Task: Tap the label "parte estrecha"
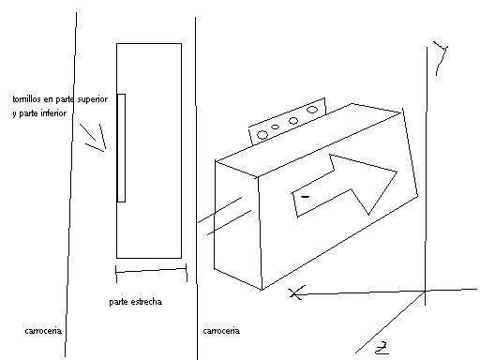pyautogui.click(x=135, y=302)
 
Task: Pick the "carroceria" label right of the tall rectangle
pyautogui.click(x=221, y=331)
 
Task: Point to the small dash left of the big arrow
pyautogui.click(x=305, y=197)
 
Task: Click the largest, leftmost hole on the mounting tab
pyautogui.click(x=262, y=135)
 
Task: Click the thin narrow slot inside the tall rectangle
pyautogui.click(x=121, y=147)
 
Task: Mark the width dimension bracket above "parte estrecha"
pyautogui.click(x=150, y=274)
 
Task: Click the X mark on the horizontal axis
pyautogui.click(x=296, y=293)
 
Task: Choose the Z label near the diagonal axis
pyautogui.click(x=381, y=349)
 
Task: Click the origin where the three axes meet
pyautogui.click(x=427, y=292)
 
